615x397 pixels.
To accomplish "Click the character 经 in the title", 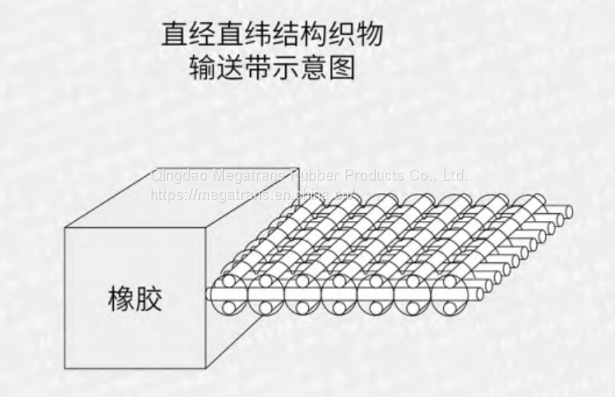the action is click(x=204, y=34).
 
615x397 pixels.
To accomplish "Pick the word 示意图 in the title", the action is click(x=314, y=68).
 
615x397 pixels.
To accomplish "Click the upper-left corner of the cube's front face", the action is click(x=66, y=228).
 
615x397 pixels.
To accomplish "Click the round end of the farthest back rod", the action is click(x=568, y=211).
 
